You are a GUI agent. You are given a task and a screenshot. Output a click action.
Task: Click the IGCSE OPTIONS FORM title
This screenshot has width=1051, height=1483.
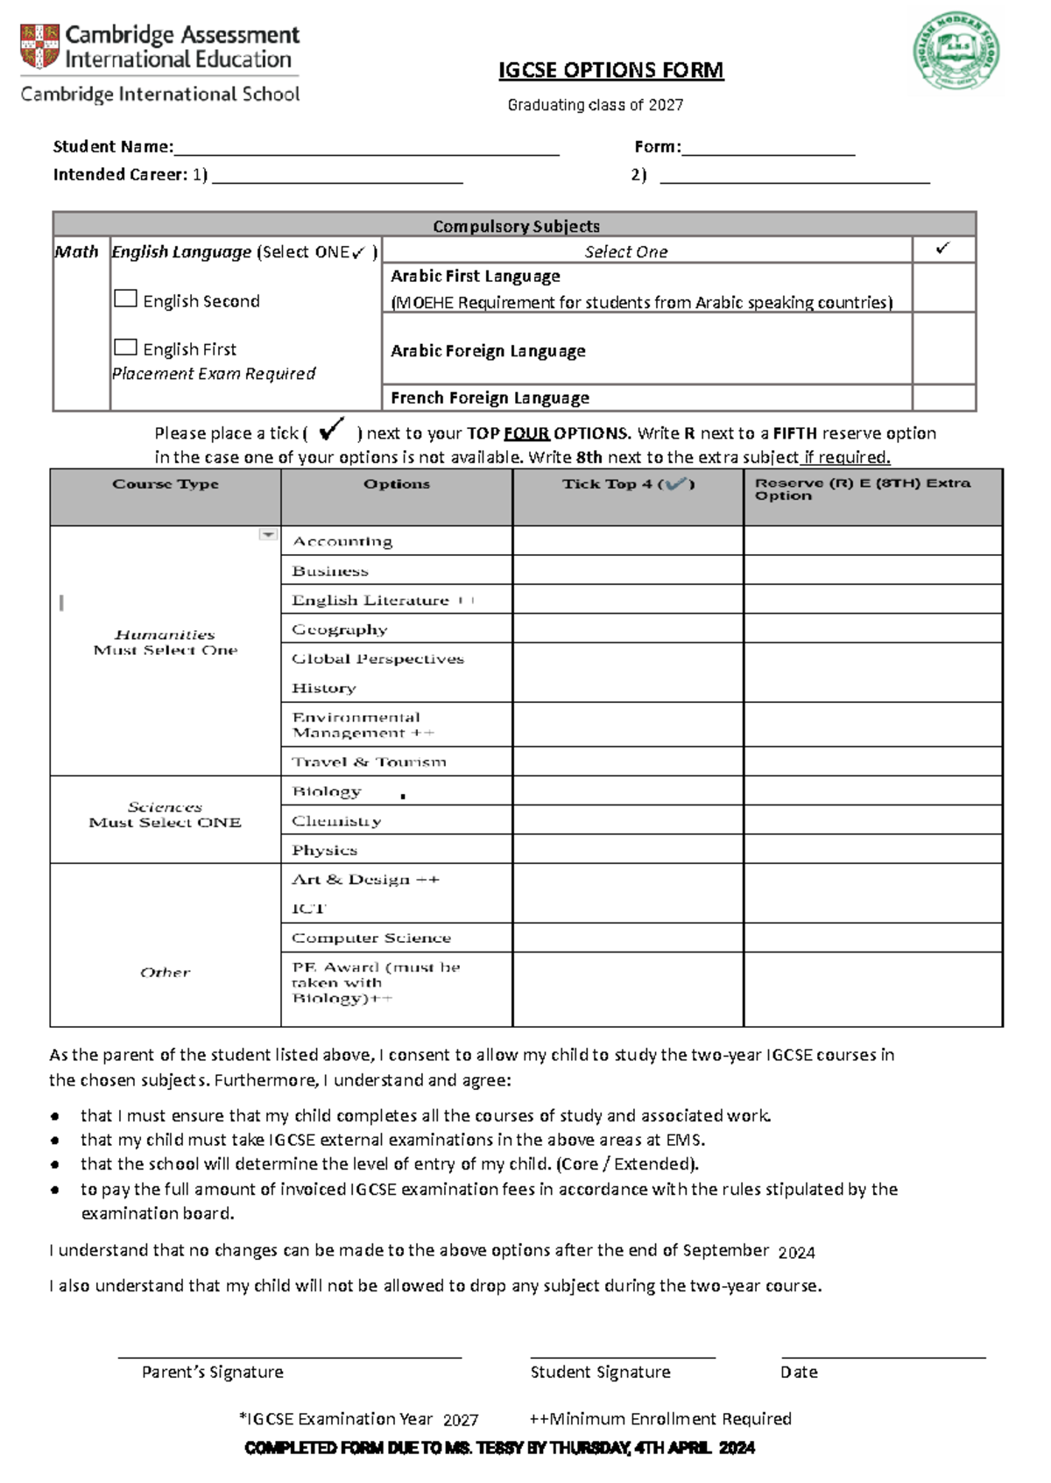tap(610, 70)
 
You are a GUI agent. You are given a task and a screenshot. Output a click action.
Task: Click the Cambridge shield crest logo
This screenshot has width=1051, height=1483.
tap(39, 46)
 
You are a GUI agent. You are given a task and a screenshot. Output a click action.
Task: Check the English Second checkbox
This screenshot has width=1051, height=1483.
tap(125, 299)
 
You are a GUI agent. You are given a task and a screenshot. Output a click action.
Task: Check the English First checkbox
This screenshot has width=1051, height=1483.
tap(125, 348)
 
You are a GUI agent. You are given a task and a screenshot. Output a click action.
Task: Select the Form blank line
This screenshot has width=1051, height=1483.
tap(768, 148)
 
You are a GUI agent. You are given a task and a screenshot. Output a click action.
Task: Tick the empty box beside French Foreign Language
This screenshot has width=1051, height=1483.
tap(943, 397)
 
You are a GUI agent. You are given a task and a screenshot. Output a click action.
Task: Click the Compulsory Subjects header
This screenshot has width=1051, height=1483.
tap(516, 226)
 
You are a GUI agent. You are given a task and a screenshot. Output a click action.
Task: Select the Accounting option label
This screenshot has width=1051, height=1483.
tap(342, 541)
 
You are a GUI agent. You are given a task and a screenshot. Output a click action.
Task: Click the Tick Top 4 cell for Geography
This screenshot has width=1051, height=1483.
tap(627, 629)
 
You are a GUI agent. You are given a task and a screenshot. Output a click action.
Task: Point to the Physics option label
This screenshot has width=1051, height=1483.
tap(325, 850)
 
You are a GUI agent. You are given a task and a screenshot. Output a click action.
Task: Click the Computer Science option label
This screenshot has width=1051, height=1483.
tap(371, 938)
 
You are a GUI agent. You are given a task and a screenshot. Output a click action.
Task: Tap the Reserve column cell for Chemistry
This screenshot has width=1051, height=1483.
tap(872, 820)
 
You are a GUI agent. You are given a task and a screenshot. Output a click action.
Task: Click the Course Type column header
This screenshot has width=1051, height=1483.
tap(166, 484)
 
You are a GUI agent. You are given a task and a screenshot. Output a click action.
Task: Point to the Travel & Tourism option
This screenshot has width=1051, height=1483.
tap(369, 762)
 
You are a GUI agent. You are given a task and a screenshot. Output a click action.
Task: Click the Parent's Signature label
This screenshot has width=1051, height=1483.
tap(213, 1372)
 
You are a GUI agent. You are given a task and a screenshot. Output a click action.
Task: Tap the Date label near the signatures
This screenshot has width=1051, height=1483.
tap(799, 1372)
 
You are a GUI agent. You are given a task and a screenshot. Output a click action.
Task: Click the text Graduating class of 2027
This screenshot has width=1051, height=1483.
tap(596, 105)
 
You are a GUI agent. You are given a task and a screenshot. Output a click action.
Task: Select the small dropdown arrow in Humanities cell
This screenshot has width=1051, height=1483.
tap(268, 535)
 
